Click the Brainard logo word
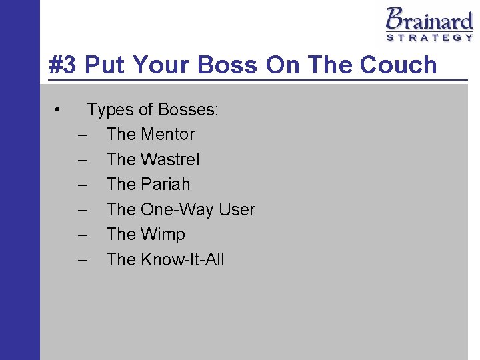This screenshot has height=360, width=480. pyautogui.click(x=429, y=19)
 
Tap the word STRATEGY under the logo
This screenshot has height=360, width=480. pyautogui.click(x=429, y=38)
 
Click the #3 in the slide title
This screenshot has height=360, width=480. pyautogui.click(x=64, y=65)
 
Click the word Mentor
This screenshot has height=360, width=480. pyautogui.click(x=168, y=135)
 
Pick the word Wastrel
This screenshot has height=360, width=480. pyautogui.click(x=170, y=159)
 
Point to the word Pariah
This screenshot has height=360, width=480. pyautogui.click(x=165, y=185)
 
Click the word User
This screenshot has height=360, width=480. pyautogui.click(x=237, y=209)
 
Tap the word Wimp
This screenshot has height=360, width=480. pyautogui.click(x=163, y=235)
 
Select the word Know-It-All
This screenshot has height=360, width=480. pyautogui.click(x=183, y=259)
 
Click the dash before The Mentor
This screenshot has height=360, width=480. pyautogui.click(x=82, y=135)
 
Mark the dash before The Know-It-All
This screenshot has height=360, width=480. pyautogui.click(x=82, y=259)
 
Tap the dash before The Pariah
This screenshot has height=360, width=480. pyautogui.click(x=82, y=185)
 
